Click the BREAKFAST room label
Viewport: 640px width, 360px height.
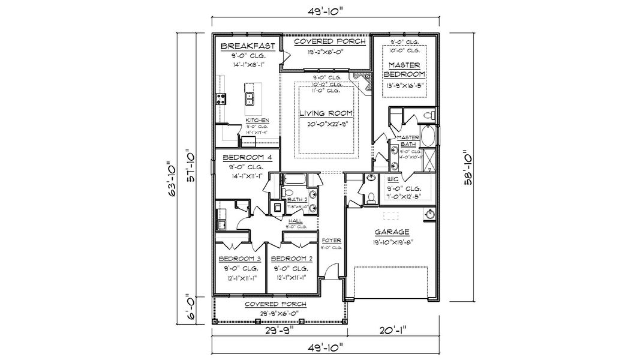coord(248,46)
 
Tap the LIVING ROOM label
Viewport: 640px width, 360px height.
coord(326,113)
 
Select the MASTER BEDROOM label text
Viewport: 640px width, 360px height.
coord(404,69)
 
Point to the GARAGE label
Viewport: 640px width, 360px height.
coord(393,232)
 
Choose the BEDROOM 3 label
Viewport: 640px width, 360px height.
coord(238,259)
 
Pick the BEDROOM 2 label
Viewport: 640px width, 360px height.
coord(293,259)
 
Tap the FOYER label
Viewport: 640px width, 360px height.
coord(332,240)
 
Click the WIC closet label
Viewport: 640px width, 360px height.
coord(393,179)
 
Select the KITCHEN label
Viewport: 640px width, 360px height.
coord(257,121)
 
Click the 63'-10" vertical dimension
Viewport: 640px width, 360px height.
coord(172,178)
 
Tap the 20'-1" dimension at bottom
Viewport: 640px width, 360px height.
coord(393,329)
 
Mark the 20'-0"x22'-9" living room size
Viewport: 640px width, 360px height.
coord(326,125)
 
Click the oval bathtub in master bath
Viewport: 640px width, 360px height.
coord(428,137)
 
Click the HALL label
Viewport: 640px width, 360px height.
coord(296,221)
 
